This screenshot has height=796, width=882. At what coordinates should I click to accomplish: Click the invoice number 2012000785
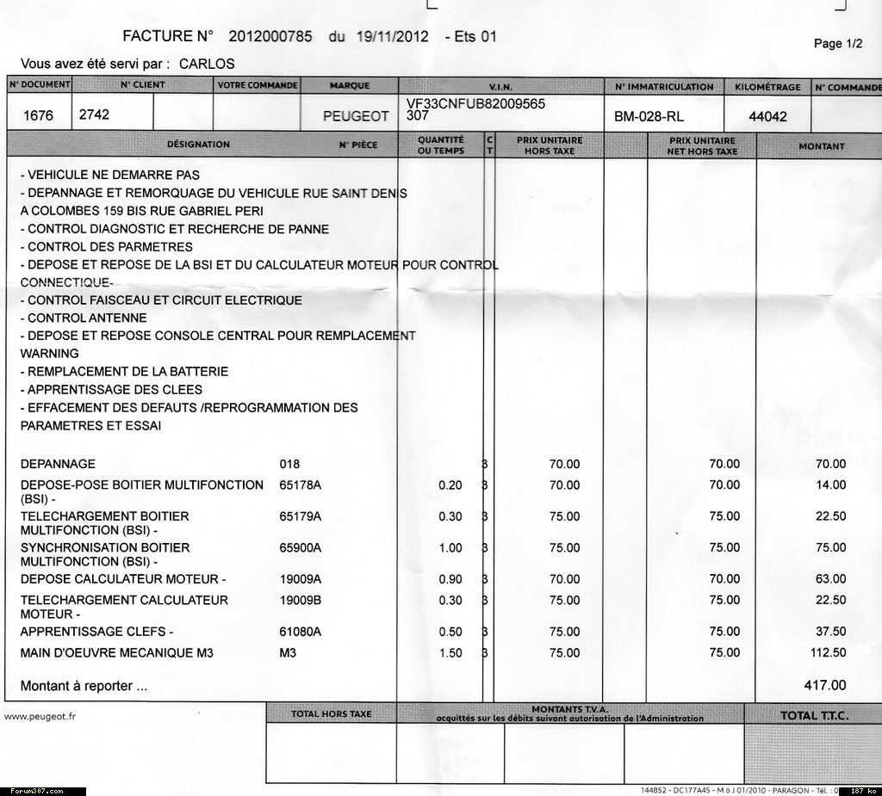click(x=273, y=37)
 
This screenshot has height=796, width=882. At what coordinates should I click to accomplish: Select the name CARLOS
click(x=207, y=64)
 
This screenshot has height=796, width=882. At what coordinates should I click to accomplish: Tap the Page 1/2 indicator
click(x=838, y=44)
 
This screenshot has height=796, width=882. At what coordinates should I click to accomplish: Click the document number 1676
click(x=38, y=115)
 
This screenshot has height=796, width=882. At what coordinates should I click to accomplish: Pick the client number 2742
click(x=94, y=114)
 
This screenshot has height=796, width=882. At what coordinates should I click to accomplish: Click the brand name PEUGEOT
click(x=355, y=116)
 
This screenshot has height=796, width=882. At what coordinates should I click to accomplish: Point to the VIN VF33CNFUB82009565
click(x=475, y=103)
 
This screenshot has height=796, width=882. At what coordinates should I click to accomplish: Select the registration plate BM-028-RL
click(x=649, y=116)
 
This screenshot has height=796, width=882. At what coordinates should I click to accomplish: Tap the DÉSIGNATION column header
click(x=198, y=145)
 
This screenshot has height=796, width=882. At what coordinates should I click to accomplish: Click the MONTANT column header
click(x=821, y=146)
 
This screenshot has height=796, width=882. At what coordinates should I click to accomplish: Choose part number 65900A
click(x=301, y=547)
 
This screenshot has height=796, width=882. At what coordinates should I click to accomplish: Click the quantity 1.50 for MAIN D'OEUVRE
click(x=450, y=653)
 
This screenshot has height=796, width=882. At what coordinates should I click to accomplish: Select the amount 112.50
click(x=829, y=653)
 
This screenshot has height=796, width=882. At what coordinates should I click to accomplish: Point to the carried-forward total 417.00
click(x=824, y=686)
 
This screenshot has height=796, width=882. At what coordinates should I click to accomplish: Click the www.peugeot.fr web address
click(x=40, y=715)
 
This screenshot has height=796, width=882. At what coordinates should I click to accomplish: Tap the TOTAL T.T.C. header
click(x=811, y=715)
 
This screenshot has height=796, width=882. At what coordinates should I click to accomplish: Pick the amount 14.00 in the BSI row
click(x=830, y=485)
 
